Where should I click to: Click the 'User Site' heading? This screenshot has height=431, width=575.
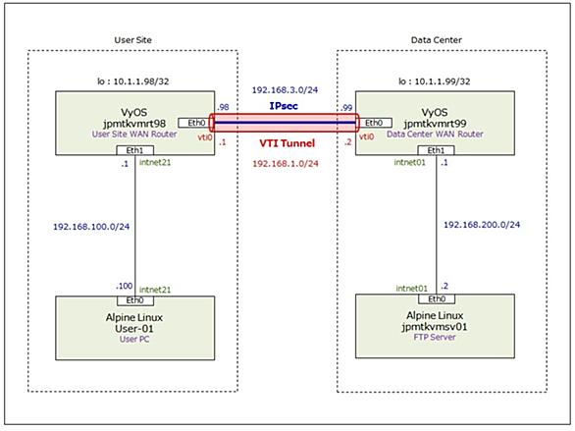pos(132,40)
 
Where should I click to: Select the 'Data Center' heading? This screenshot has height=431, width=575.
pos(436,40)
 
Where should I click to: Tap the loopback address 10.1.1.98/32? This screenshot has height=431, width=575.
pos(132,81)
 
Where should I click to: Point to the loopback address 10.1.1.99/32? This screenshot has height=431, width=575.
pos(434,81)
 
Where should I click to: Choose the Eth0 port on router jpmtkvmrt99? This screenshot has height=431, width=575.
pos(375,123)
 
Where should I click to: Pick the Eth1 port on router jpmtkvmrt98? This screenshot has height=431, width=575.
pos(135,150)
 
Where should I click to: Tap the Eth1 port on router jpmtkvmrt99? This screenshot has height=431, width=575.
pos(436,150)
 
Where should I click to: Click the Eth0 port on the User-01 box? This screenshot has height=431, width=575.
pos(135,300)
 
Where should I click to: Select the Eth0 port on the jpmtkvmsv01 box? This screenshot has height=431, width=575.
pos(437,298)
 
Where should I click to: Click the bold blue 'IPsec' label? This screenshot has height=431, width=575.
pos(284,106)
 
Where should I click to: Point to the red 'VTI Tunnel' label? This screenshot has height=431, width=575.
pos(287,143)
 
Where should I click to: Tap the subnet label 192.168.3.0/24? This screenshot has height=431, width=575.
pos(285,90)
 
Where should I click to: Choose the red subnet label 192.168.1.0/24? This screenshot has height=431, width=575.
pos(286,163)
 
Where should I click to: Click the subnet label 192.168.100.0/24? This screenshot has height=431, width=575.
pos(91,227)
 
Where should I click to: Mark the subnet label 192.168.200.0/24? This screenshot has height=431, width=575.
pos(482,225)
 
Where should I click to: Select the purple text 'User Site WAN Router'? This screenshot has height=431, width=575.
pos(134,135)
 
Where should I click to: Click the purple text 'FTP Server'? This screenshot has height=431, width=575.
pos(435,337)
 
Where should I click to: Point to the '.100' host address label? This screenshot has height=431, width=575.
pos(124,286)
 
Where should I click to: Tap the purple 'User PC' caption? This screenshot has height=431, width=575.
pos(134,339)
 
